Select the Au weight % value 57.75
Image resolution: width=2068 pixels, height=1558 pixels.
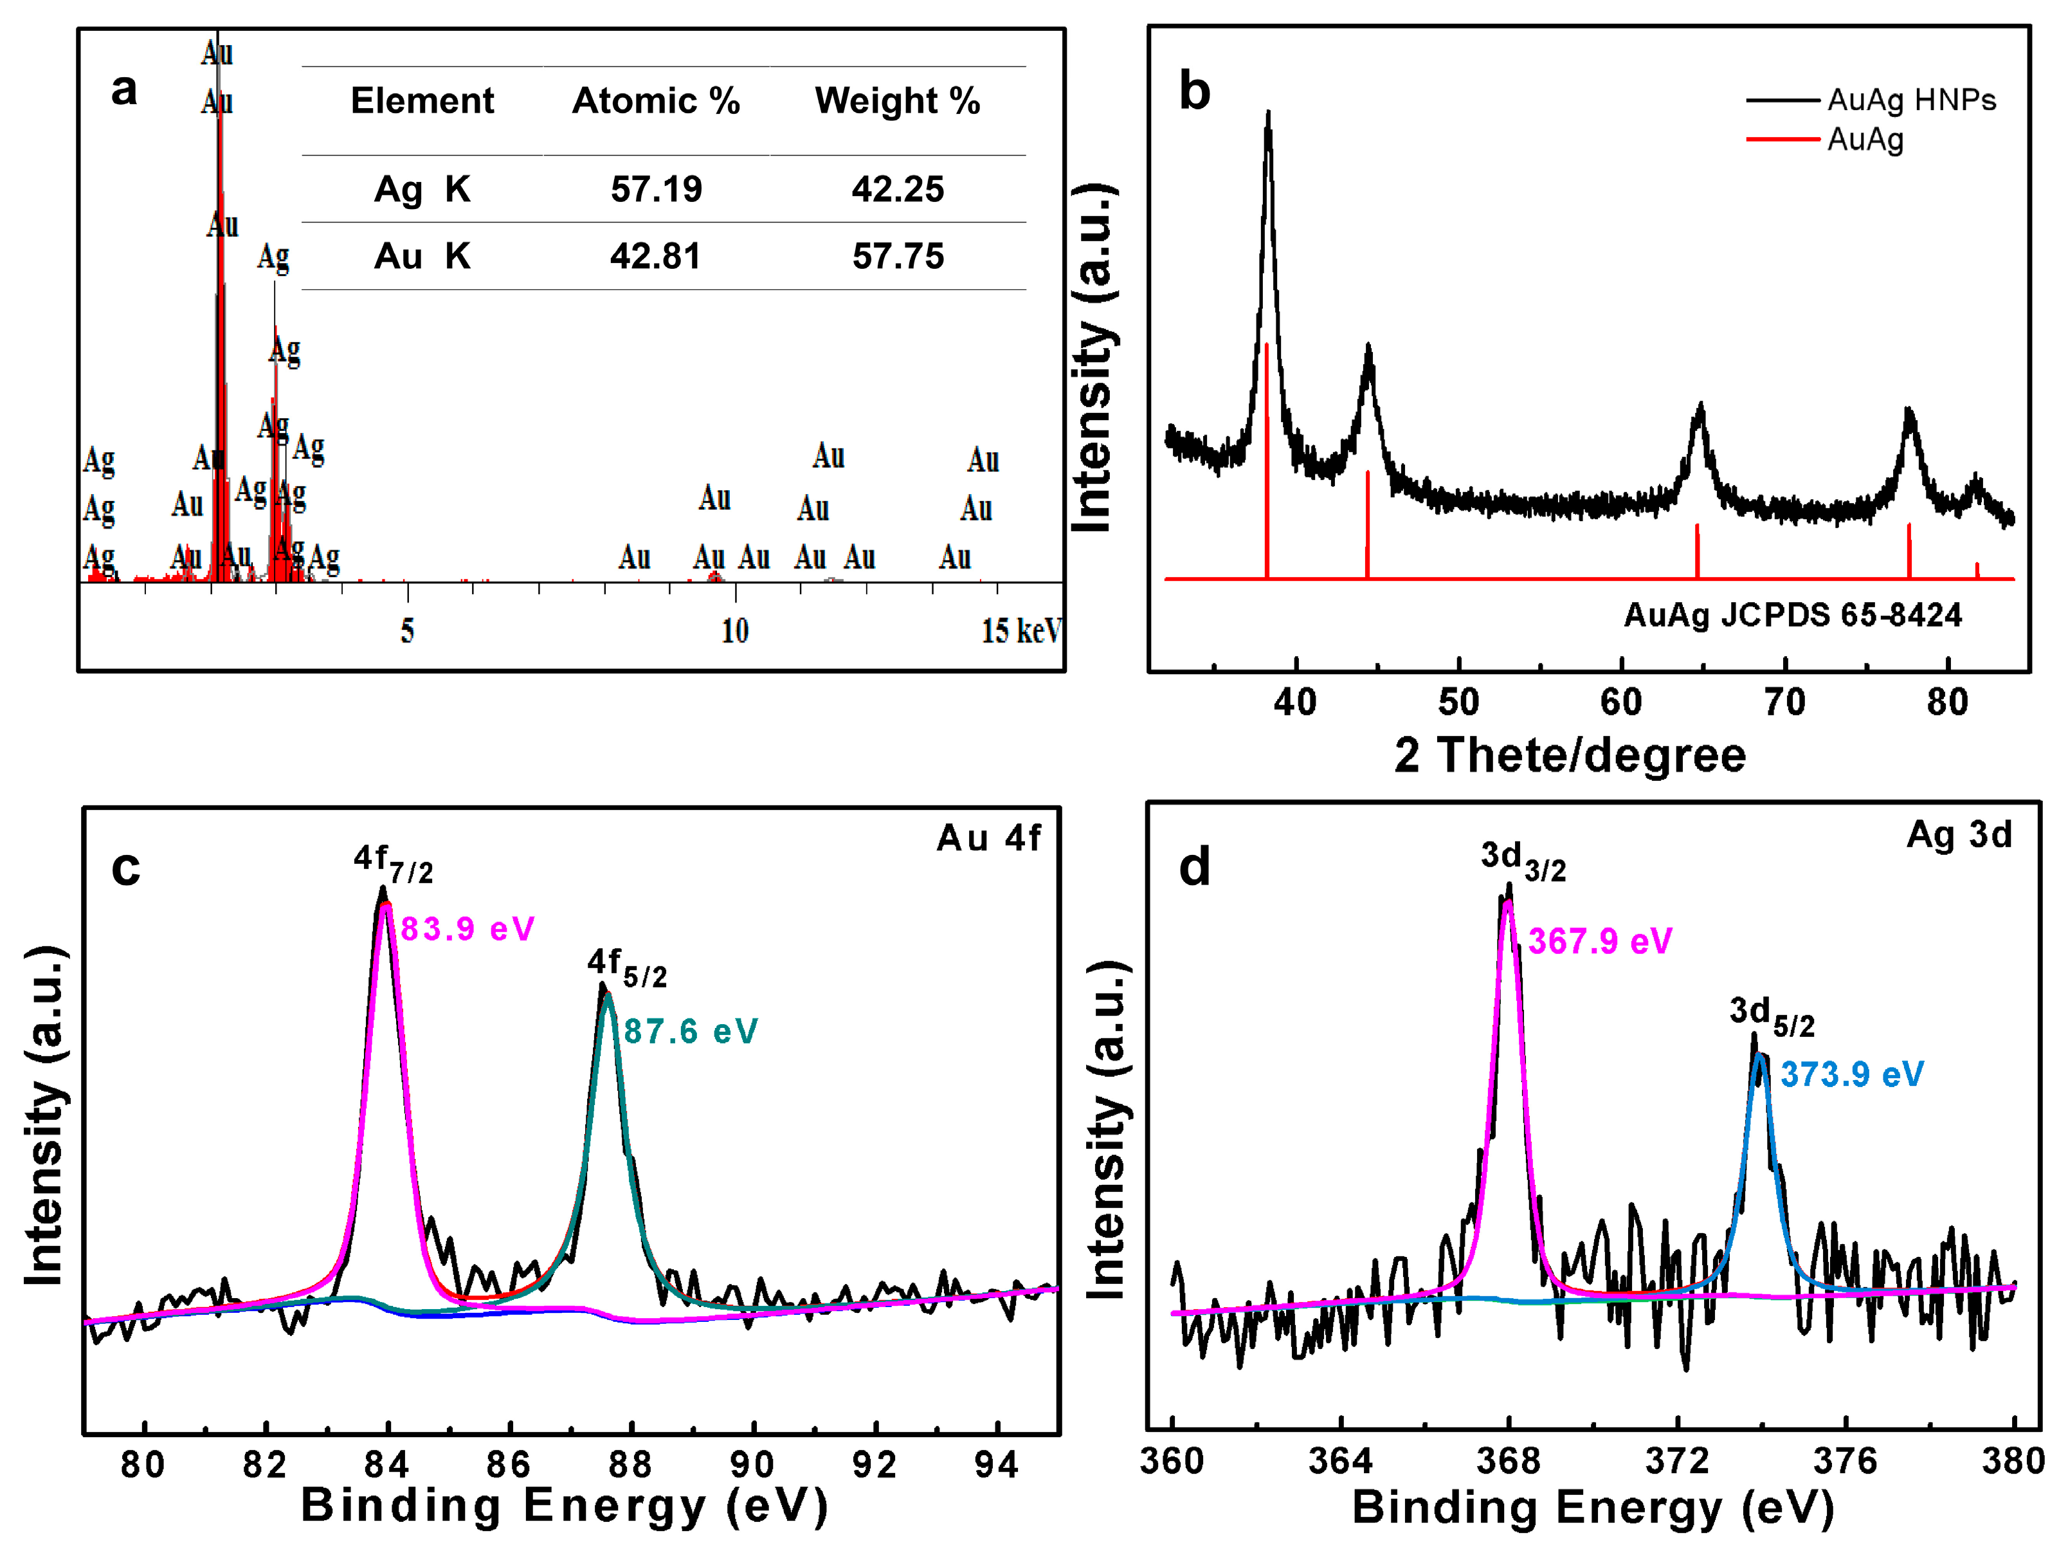[x=898, y=256]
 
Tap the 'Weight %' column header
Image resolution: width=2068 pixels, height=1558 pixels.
[x=898, y=101]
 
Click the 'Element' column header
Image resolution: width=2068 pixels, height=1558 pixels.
[x=422, y=101]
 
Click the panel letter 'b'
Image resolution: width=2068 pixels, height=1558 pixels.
[x=1194, y=91]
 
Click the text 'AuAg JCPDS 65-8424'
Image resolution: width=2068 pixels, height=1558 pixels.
[x=1792, y=616]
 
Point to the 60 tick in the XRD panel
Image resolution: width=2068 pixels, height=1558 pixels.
[x=1621, y=701]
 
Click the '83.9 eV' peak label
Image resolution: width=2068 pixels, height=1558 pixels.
[x=467, y=930]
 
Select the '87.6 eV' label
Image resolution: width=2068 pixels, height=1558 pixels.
[x=690, y=1032]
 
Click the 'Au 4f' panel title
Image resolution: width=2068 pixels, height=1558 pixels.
[x=988, y=839]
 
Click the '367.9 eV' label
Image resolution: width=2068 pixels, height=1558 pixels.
[x=1600, y=942]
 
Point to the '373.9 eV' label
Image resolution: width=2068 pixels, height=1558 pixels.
[x=1851, y=1074]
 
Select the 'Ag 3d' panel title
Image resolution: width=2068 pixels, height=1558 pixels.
[x=1959, y=835]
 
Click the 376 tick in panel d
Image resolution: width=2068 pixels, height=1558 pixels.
[x=1845, y=1461]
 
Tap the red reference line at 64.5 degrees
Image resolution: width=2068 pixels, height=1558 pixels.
[x=1697, y=552]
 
